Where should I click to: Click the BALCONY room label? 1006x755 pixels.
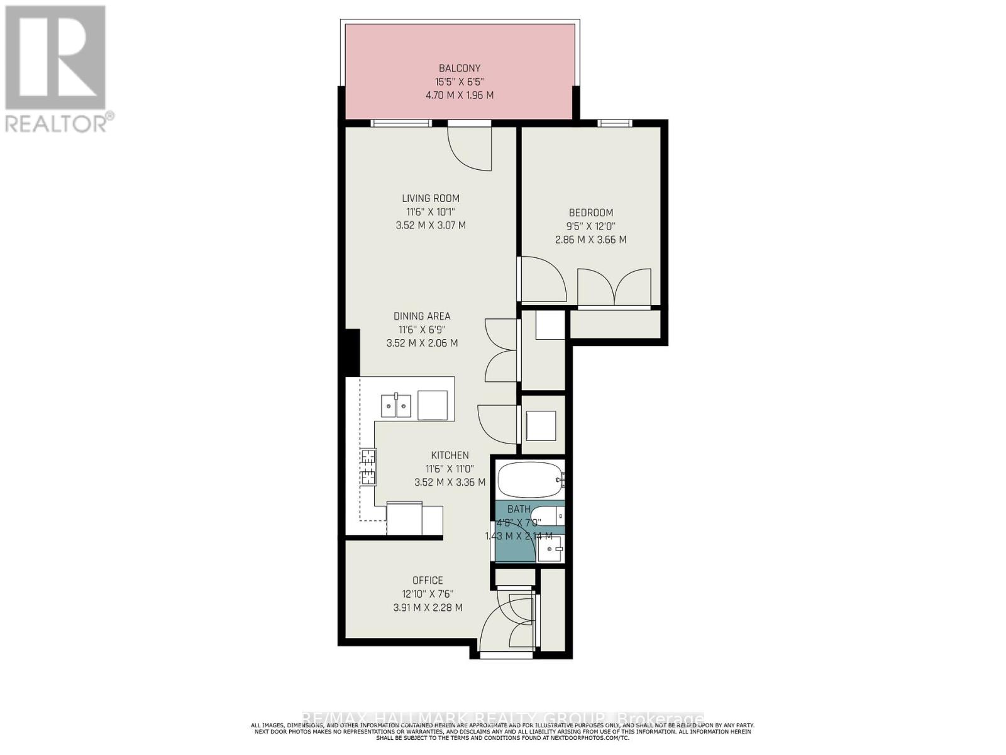pyautogui.click(x=459, y=68)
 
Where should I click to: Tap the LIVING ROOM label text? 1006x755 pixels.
pyautogui.click(x=431, y=198)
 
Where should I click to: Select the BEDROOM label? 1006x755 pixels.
pyautogui.click(x=590, y=213)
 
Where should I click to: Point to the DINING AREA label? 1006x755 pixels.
pyautogui.click(x=422, y=316)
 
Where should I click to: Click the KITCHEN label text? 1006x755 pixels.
pyautogui.click(x=450, y=455)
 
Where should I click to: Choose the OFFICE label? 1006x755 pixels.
pyautogui.click(x=428, y=580)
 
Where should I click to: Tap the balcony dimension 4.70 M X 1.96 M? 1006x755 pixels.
pyautogui.click(x=459, y=96)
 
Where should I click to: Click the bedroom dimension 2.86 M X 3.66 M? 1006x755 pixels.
pyautogui.click(x=590, y=240)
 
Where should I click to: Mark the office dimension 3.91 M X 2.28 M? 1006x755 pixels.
pyautogui.click(x=428, y=608)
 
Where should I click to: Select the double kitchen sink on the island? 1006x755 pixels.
pyautogui.click(x=395, y=405)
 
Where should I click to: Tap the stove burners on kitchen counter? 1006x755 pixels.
pyautogui.click(x=368, y=467)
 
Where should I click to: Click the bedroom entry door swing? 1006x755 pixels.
pyautogui.click(x=542, y=280)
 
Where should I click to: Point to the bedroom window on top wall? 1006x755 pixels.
pyautogui.click(x=614, y=123)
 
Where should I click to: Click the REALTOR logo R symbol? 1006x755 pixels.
pyautogui.click(x=55, y=58)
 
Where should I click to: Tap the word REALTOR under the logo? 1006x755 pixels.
pyautogui.click(x=57, y=123)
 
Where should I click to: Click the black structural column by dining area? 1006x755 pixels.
pyautogui.click(x=352, y=353)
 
